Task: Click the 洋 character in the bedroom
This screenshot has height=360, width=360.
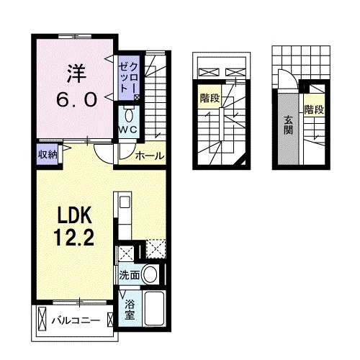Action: point(76,72)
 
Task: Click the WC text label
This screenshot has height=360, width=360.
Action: point(127,128)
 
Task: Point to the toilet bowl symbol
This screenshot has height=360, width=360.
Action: point(129,114)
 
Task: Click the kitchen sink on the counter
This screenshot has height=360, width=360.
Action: point(122,203)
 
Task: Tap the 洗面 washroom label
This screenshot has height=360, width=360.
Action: point(129,274)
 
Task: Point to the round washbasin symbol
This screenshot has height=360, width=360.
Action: point(150,274)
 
